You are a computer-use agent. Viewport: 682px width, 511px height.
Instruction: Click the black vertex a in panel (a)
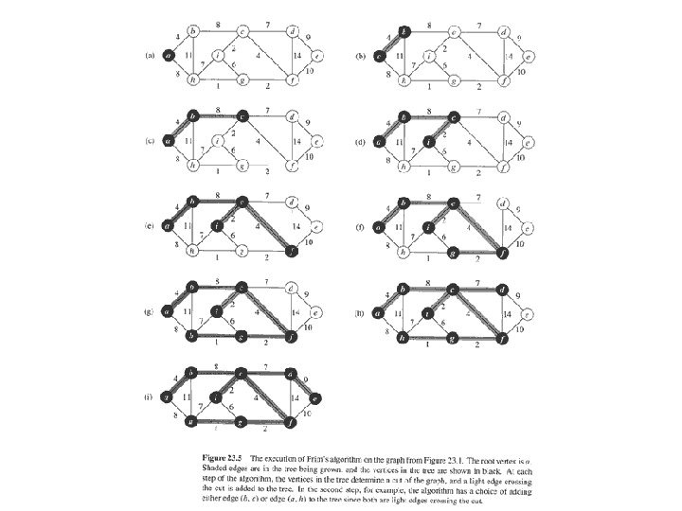(168, 56)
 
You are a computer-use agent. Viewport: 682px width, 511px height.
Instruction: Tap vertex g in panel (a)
(242, 80)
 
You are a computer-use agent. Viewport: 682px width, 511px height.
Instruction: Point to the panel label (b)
(359, 56)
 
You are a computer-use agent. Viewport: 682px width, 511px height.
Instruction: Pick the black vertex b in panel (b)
(403, 33)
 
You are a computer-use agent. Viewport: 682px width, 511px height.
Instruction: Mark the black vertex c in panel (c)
(242, 118)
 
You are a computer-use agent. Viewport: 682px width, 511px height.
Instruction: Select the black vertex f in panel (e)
(292, 251)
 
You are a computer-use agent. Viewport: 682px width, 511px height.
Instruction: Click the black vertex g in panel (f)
(454, 251)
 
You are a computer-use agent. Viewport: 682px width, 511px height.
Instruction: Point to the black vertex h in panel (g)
(192, 336)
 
